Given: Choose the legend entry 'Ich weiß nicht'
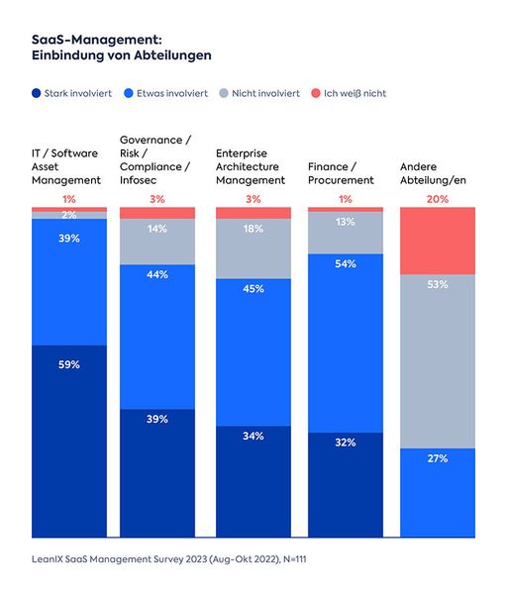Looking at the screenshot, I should point(353,93).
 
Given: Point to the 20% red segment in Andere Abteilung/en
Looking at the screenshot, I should point(437,241).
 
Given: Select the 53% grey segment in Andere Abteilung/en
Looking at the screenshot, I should point(437,360).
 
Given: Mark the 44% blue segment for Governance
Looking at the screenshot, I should point(156,336).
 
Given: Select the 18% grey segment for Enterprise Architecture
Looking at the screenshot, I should point(253,248).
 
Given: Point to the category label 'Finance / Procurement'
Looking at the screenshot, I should point(342,174).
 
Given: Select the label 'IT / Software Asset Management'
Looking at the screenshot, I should point(67,167).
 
